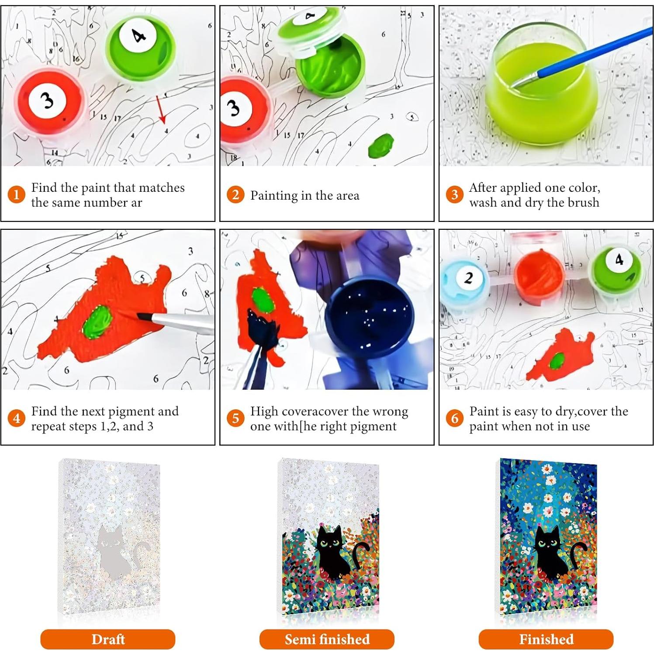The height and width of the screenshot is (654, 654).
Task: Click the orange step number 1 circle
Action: coord(16,194)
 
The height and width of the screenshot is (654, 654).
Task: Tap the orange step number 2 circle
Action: coord(235,194)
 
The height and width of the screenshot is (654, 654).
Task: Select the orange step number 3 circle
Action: coord(454,194)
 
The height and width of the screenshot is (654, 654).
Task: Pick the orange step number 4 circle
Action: coord(16,418)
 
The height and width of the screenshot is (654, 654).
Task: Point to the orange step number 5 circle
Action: coord(235,418)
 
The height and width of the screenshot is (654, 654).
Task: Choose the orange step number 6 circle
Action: coord(454,418)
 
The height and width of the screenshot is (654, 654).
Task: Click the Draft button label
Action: coord(108,639)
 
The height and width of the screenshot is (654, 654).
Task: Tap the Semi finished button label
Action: coord(327,639)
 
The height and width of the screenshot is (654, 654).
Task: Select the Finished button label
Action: coord(546,639)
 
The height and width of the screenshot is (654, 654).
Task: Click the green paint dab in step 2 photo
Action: coord(381,145)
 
